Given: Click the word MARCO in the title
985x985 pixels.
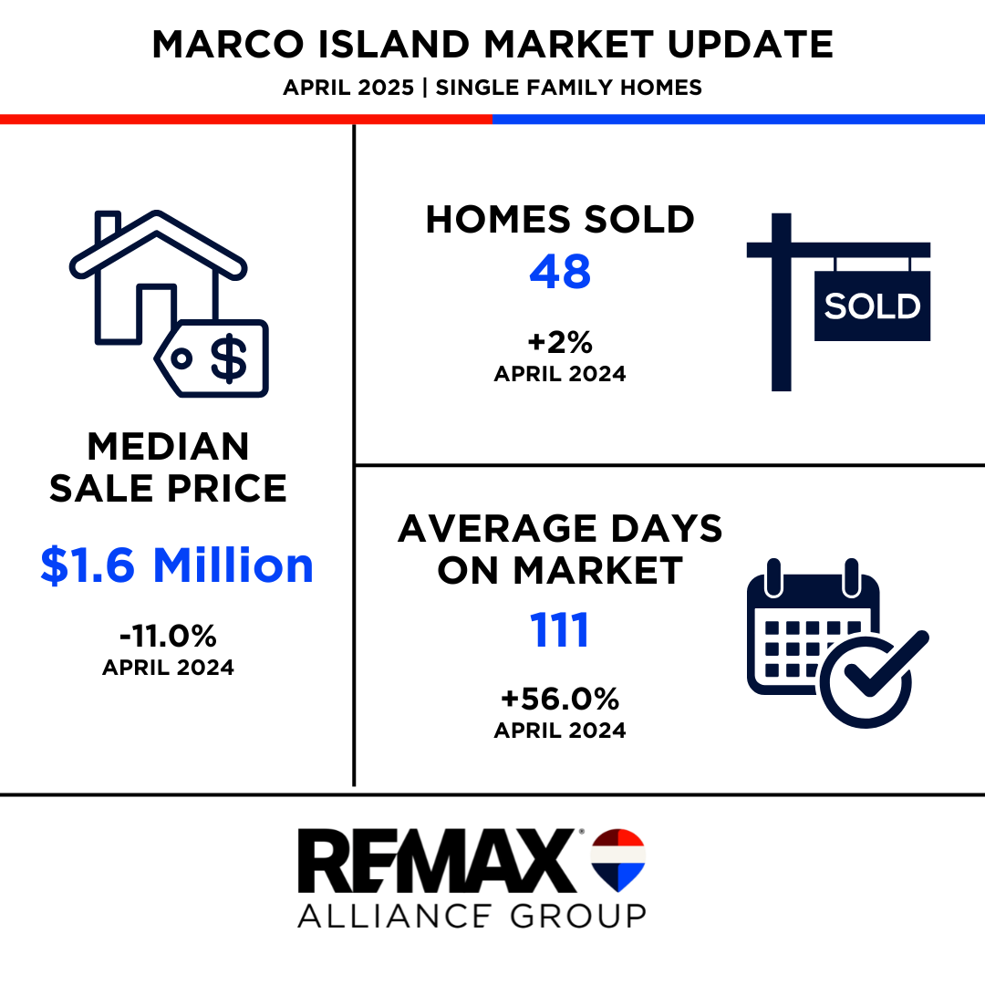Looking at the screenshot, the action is pos(227,45).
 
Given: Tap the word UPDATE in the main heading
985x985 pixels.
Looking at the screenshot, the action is pos(750,45).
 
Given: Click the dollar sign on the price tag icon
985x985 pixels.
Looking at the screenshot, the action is pos(228,358).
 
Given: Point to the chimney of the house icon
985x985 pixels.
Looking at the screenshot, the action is pos(108,227).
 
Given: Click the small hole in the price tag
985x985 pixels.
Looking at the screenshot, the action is pos(181,358).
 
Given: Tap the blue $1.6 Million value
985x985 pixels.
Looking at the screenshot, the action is pos(177,565).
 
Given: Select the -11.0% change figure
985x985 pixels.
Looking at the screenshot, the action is pos(169,637).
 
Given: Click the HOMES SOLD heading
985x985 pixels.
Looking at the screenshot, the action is pos(560,219).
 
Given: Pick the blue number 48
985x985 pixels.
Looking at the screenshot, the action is pos(560,272).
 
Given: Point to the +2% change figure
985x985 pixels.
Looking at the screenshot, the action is pos(560,342).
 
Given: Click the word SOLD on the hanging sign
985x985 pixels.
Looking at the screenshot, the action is pos(872,306).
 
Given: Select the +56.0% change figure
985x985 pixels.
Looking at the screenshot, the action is pos(560,699).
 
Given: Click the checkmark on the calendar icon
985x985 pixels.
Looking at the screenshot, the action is pos(885,666).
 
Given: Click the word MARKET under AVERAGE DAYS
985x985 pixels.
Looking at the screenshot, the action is pos(597,570).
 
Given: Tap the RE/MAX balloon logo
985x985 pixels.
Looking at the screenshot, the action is pos(618,860).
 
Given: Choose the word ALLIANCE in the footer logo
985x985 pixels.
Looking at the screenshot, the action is pos(395,916).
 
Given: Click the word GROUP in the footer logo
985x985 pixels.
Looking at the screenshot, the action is pos(578,916).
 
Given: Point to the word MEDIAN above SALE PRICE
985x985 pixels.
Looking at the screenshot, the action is pos(169,447).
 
